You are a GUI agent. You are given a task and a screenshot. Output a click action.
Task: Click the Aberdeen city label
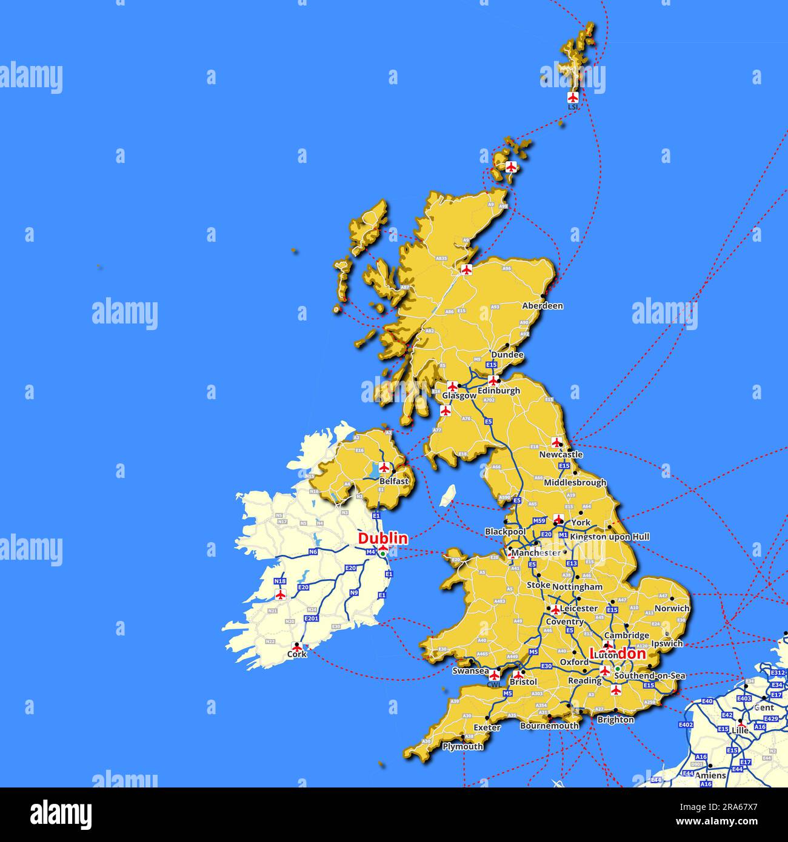point(542,306)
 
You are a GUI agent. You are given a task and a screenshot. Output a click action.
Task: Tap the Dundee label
point(507,355)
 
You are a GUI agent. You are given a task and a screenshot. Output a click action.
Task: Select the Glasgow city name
point(459,396)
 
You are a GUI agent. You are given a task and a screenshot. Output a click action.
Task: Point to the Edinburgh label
point(498,391)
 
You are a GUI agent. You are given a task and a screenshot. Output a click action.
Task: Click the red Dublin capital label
point(382,538)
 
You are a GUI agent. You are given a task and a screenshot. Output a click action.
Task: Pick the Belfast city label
point(394,482)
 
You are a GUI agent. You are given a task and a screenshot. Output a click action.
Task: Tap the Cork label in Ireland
point(296,654)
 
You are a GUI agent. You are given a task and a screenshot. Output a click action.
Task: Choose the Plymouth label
point(462,746)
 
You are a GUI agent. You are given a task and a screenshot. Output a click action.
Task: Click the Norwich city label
point(672,608)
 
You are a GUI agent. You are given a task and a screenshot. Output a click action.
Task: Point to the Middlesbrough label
point(575,483)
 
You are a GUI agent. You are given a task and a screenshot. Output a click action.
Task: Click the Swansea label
point(470,671)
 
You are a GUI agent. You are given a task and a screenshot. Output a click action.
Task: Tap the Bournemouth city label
point(549,725)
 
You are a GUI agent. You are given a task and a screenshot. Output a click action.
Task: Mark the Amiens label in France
point(710,775)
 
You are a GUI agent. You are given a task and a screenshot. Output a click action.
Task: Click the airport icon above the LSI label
point(573,97)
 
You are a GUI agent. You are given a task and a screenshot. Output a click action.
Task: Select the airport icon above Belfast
point(384,468)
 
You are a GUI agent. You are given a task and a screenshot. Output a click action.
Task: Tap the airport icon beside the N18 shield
point(280,595)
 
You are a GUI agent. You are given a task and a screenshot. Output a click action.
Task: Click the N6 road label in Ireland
point(313,552)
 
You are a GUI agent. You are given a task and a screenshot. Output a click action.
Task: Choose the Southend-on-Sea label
point(649,675)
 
